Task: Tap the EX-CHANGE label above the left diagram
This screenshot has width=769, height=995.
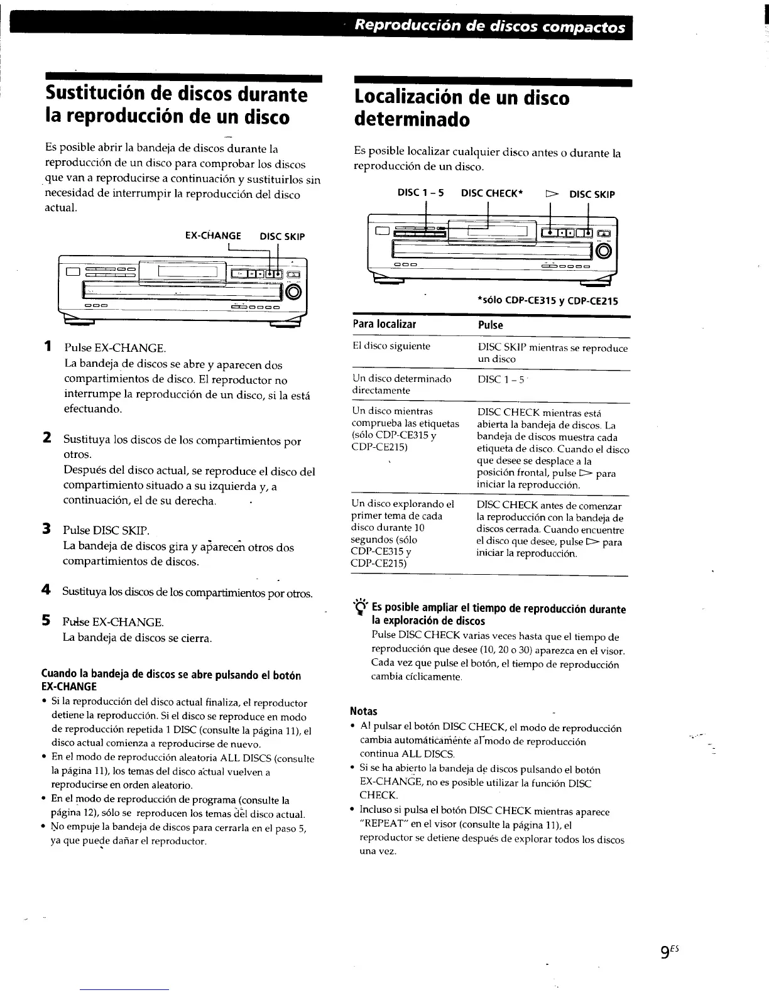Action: [213, 236]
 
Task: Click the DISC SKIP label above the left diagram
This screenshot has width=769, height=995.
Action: [282, 237]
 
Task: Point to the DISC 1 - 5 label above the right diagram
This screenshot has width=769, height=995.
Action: [420, 193]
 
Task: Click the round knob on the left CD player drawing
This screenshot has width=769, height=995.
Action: [294, 293]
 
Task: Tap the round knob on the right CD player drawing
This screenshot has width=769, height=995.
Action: [604, 251]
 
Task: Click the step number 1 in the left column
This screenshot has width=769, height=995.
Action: [48, 347]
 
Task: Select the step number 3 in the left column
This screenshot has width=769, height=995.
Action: [46, 529]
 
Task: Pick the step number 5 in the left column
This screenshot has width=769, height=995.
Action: [46, 621]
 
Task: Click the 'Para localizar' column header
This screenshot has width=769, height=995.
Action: [384, 324]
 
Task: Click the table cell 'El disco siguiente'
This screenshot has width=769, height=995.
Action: [391, 346]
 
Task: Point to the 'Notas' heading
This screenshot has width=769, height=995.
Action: [363, 711]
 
